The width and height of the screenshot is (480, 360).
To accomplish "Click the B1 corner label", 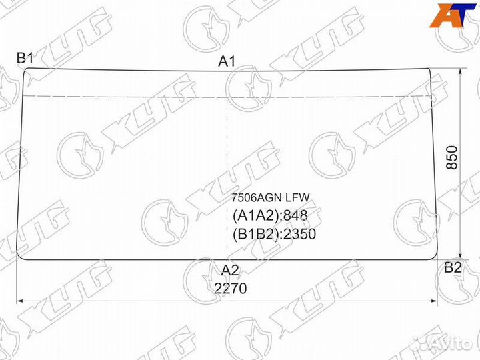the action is click(x=25, y=57).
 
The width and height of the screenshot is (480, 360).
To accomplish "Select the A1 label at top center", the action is click(x=227, y=61).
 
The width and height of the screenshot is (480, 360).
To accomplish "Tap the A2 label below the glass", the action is click(x=230, y=270).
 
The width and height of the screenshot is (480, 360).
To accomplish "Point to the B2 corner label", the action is click(x=453, y=267).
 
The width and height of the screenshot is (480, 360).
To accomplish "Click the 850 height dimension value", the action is click(x=452, y=157).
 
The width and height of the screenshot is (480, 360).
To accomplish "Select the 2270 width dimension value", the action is click(x=230, y=288).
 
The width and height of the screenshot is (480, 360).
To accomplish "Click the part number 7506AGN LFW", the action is click(x=270, y=198).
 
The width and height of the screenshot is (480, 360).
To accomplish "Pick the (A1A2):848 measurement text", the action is click(x=270, y=216).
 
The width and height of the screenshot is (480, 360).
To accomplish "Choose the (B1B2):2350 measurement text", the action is click(x=274, y=234).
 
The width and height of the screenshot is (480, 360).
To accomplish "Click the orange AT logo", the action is click(x=453, y=15).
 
